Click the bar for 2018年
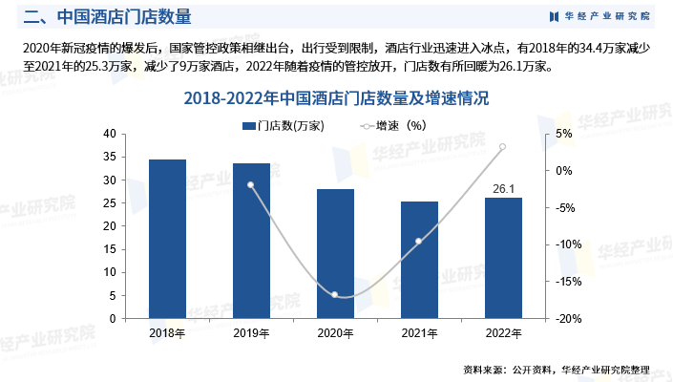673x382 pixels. point(167,239)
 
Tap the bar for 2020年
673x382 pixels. point(335,254)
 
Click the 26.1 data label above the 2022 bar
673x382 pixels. point(503,188)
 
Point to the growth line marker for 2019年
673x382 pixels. point(251,185)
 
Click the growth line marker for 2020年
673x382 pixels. point(335,294)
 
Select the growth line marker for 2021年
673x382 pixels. point(419,241)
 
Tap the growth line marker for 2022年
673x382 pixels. point(503,147)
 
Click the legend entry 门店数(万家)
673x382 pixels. point(284,125)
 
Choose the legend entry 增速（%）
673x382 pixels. point(391,125)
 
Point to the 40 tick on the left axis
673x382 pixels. point(110,134)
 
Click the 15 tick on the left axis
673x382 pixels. point(110,249)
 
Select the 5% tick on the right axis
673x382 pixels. point(563,134)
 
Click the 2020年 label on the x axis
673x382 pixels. point(335,332)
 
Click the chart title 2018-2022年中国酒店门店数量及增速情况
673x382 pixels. point(336,98)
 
